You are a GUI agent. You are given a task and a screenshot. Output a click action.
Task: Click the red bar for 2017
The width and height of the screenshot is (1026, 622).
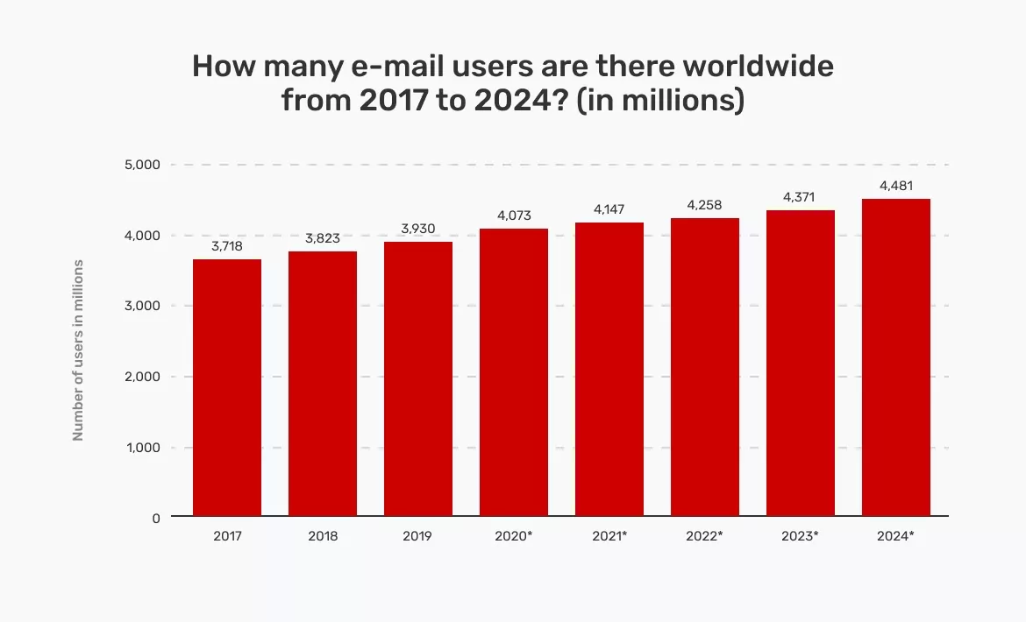[227, 387]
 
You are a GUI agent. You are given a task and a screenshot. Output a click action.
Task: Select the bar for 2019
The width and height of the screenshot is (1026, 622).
[418, 378]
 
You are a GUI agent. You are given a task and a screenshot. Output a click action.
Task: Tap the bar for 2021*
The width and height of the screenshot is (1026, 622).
[609, 369]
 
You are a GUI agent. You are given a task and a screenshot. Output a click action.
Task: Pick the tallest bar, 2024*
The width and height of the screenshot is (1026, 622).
[896, 357]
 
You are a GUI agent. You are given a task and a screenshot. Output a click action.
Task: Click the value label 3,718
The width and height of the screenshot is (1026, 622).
[227, 247]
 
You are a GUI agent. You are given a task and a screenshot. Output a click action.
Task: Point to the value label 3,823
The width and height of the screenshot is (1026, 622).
[323, 239]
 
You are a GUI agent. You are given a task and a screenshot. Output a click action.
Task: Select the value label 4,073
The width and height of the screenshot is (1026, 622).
[514, 216]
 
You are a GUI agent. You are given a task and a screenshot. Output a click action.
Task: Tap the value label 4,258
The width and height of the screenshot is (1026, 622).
[705, 205]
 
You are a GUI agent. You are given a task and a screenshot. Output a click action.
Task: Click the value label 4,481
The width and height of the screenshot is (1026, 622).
[896, 186]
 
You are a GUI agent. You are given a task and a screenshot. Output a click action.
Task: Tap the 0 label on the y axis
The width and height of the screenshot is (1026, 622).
[155, 518]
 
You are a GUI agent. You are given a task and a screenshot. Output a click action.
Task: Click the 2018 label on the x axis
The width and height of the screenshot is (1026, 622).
[323, 535]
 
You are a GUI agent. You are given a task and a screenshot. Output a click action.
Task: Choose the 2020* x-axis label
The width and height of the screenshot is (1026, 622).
[514, 535]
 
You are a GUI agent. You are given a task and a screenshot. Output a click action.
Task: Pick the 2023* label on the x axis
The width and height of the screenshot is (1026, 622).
[800, 535]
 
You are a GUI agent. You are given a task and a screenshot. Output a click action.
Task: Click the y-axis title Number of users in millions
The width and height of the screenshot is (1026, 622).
[78, 350]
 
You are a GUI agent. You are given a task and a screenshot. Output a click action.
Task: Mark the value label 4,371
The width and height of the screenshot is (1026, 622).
[801, 197]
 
